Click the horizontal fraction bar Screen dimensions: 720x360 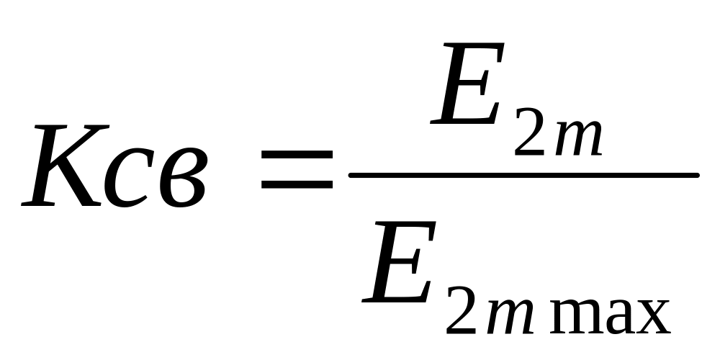523,175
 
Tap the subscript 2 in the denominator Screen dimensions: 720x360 463,312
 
